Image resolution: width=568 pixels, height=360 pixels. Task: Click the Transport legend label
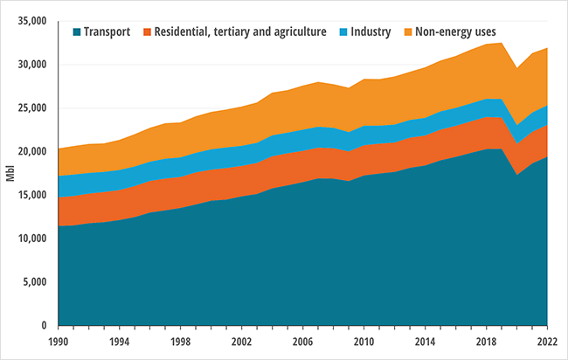click(107, 31)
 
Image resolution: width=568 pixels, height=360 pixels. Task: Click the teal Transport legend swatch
click(76, 31)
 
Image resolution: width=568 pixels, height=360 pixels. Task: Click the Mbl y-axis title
click(10, 171)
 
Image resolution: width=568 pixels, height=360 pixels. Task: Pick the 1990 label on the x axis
click(58, 342)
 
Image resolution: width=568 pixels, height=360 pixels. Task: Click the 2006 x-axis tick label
click(302, 342)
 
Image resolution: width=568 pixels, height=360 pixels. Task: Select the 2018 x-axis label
click(487, 342)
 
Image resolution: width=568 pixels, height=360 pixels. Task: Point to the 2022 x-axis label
click(548, 342)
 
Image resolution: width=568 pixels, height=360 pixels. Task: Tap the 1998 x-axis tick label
click(180, 342)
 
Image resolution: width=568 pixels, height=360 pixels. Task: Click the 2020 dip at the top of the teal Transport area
click(517, 175)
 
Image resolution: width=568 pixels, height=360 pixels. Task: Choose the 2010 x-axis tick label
click(364, 342)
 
